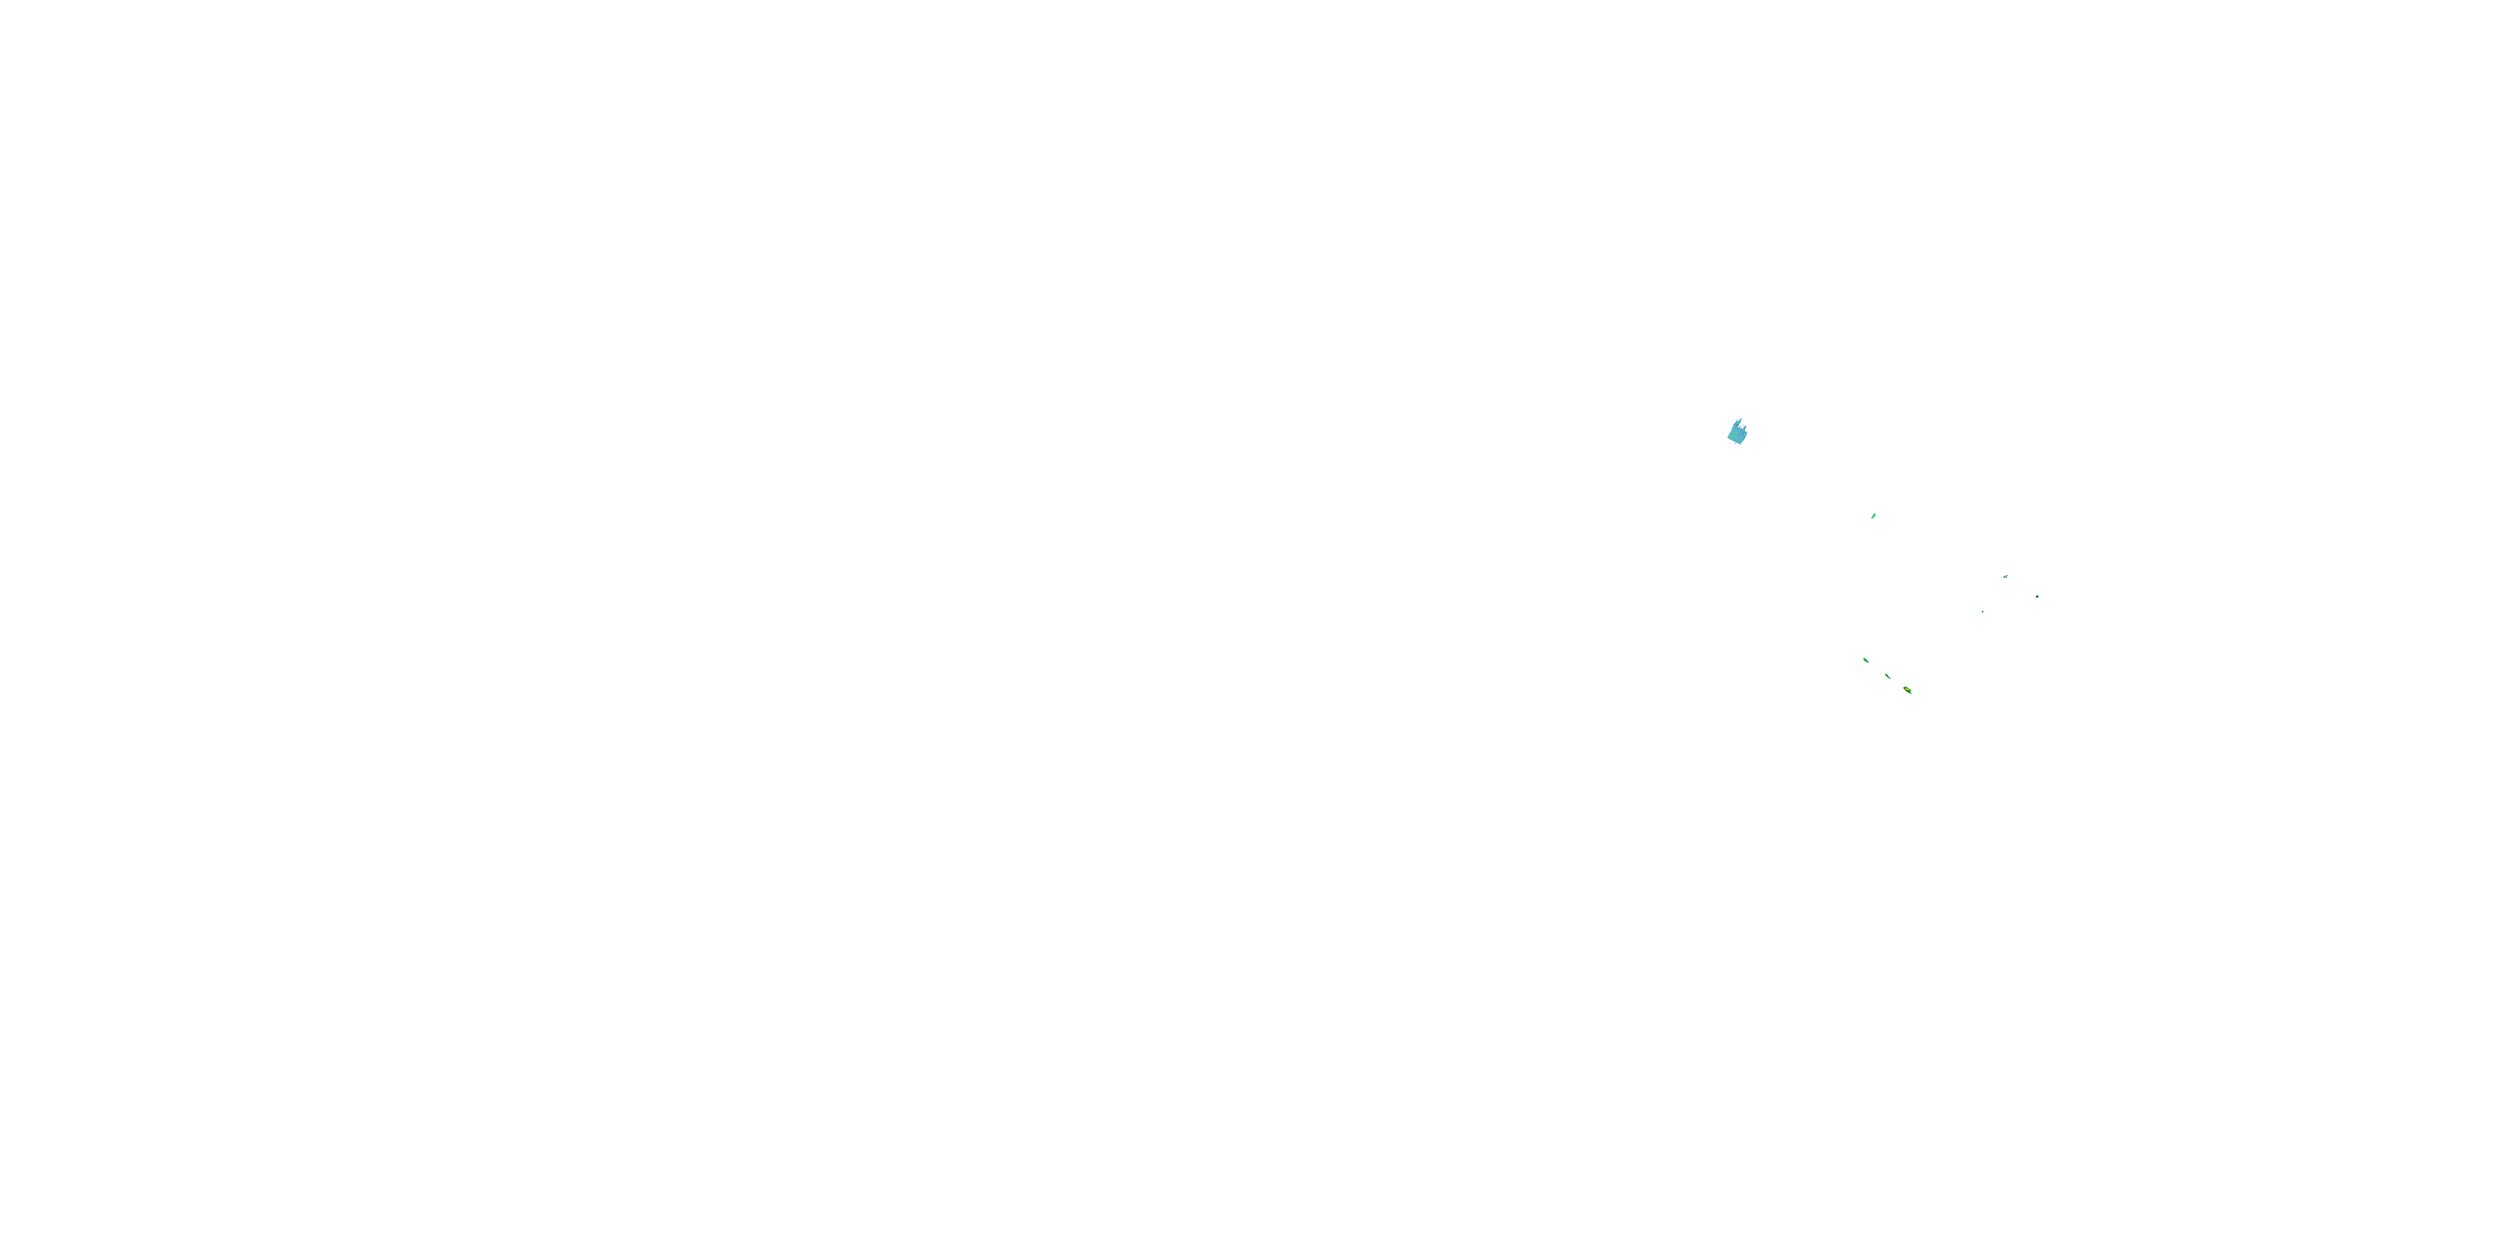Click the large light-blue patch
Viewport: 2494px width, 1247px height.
tap(1737, 434)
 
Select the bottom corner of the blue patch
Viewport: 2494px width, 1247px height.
tap(1741, 445)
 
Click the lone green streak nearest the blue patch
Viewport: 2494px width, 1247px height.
tap(1873, 515)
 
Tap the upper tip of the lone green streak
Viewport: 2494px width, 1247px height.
tap(1875, 512)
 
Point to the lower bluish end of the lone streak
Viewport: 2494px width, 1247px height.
tap(1872, 518)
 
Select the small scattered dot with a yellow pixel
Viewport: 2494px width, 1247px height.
tap(2005, 576)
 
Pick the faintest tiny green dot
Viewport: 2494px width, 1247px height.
tap(1982, 612)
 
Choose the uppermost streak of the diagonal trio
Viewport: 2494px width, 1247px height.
tap(1866, 660)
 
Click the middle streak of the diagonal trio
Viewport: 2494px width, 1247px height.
tap(1887, 676)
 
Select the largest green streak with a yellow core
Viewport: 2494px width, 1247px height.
tap(1907, 690)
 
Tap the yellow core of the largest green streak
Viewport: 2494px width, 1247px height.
tap(1907, 690)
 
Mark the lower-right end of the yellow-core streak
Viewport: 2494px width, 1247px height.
tap(1911, 693)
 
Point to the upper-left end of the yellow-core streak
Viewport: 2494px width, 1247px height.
tap(1904, 688)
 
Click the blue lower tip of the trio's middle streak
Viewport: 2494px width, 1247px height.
tap(1889, 678)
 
